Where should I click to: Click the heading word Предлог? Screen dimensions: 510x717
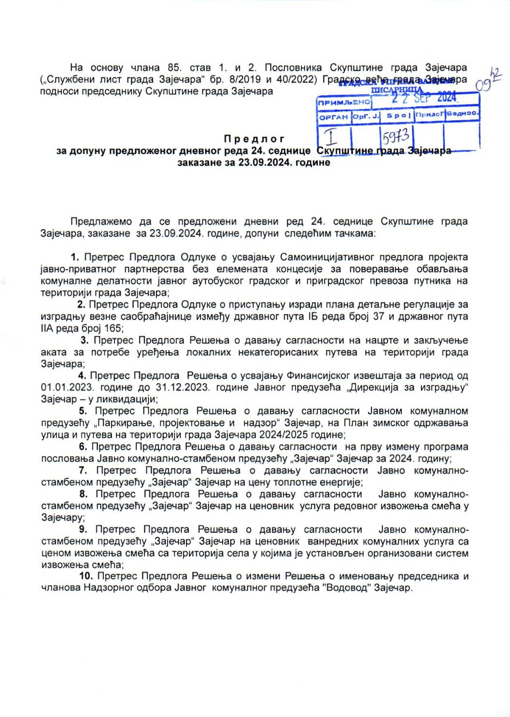click(x=254, y=139)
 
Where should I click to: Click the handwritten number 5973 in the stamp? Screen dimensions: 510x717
click(x=396, y=137)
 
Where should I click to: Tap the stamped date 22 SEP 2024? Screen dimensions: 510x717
click(x=424, y=98)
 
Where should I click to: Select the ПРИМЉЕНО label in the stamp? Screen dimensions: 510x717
click(x=344, y=102)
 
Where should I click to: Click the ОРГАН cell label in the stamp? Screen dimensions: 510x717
click(x=333, y=117)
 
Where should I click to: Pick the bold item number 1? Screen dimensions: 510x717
click(x=75, y=257)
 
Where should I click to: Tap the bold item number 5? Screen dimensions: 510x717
click(x=83, y=411)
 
